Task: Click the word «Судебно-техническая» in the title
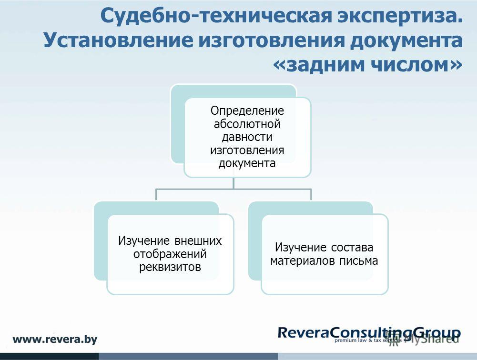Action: point(216,16)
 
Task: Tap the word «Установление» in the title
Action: point(118,40)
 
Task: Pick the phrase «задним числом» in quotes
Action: point(368,65)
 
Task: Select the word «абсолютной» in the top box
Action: point(247,124)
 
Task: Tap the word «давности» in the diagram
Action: point(247,137)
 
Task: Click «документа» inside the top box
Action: point(247,164)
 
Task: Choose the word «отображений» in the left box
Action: point(170,254)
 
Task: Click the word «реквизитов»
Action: point(170,267)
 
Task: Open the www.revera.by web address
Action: point(55,340)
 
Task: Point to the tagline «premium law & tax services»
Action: point(368,340)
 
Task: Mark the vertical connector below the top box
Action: point(233,183)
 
